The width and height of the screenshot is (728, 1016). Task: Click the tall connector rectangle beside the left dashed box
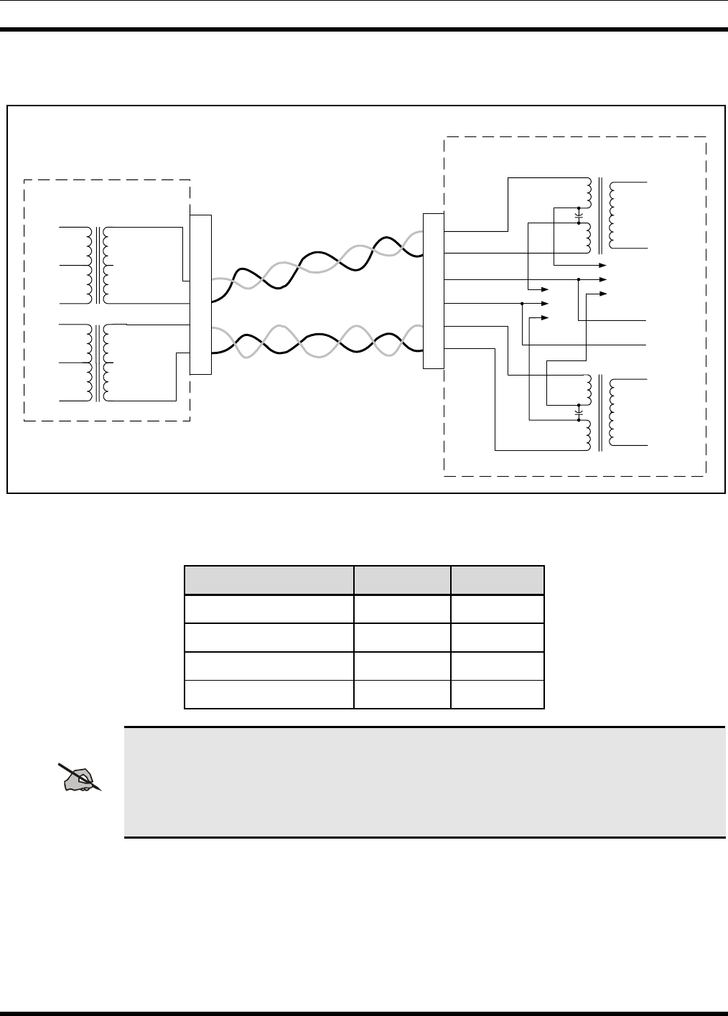(201, 294)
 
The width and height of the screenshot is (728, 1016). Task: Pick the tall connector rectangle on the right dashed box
(434, 291)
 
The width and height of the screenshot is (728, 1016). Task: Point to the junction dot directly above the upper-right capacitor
(579, 208)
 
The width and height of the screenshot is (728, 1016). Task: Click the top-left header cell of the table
(269, 580)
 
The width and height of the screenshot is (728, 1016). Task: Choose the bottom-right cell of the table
(498, 694)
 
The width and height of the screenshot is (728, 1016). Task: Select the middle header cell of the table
(403, 580)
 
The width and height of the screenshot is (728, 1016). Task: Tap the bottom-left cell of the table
(269, 694)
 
